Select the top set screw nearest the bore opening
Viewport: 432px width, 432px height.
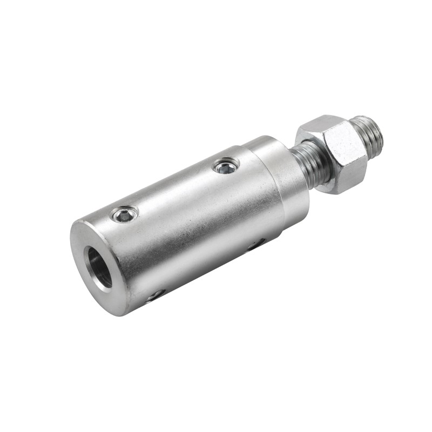click(x=124, y=215)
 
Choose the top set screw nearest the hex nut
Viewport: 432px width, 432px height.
click(x=226, y=166)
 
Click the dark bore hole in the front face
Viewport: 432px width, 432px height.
click(x=100, y=267)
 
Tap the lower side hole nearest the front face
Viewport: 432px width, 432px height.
click(x=157, y=294)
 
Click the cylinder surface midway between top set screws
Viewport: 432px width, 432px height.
click(x=175, y=192)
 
